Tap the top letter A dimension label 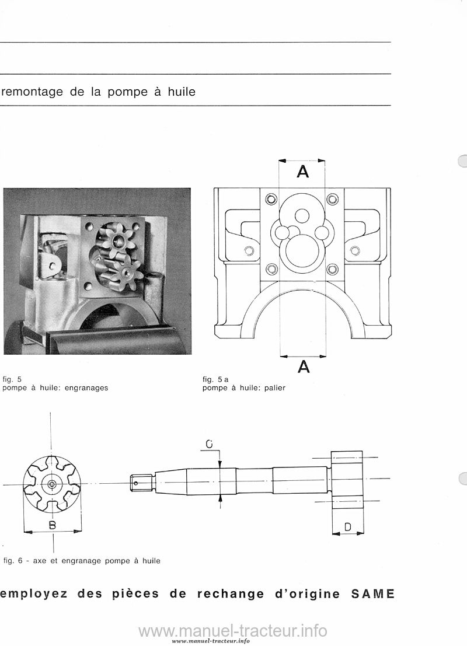click(303, 172)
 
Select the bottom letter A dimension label click(304, 366)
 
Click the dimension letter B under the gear click(53, 525)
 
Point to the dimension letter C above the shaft click(209, 444)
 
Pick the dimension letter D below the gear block click(348, 526)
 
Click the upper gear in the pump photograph click(117, 241)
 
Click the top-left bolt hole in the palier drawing click(270, 200)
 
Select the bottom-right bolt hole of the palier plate click(333, 270)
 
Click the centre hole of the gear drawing click(51, 484)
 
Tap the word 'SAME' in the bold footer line click(372, 593)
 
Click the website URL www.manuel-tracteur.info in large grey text click(233, 630)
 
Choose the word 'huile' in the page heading click(182, 91)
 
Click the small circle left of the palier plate click(248, 250)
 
